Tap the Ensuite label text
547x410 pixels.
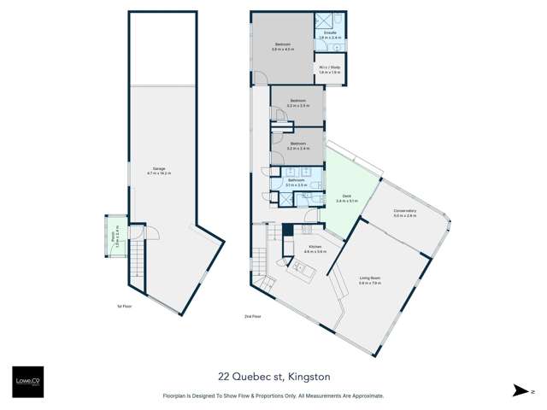[329, 35]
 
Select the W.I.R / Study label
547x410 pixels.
[329, 71]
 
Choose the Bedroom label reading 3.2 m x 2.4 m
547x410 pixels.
[297, 145]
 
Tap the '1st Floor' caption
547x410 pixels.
[124, 305]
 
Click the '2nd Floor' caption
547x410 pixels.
[250, 315]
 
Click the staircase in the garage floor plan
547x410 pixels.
[136, 256]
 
